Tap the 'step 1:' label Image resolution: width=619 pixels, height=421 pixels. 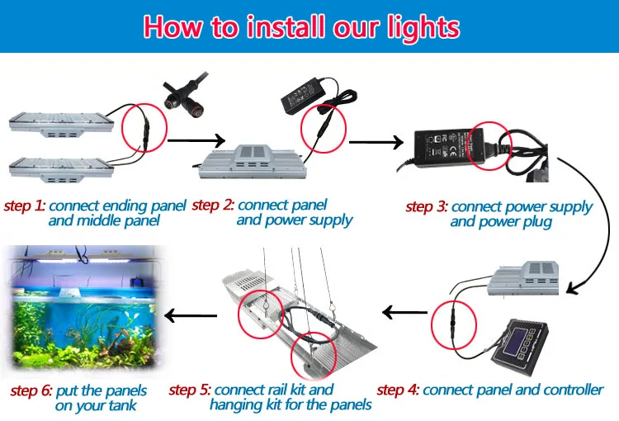(25, 206)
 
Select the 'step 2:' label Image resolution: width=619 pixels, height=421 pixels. (213, 205)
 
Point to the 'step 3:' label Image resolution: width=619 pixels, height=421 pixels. (427, 206)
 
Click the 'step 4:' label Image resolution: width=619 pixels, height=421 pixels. (398, 390)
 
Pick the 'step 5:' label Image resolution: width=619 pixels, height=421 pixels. (190, 390)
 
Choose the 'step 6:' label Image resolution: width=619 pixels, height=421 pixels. (31, 390)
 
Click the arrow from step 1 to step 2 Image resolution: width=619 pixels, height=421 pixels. (196, 140)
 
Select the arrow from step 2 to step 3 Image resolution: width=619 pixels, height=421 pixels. (376, 142)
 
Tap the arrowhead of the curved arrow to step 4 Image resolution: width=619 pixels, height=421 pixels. (574, 288)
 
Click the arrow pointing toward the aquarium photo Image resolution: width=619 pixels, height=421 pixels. (191, 315)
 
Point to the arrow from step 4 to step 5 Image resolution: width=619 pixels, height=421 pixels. (405, 312)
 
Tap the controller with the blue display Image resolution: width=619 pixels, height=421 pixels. (519, 346)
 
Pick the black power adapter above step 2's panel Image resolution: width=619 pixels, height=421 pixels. (303, 95)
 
